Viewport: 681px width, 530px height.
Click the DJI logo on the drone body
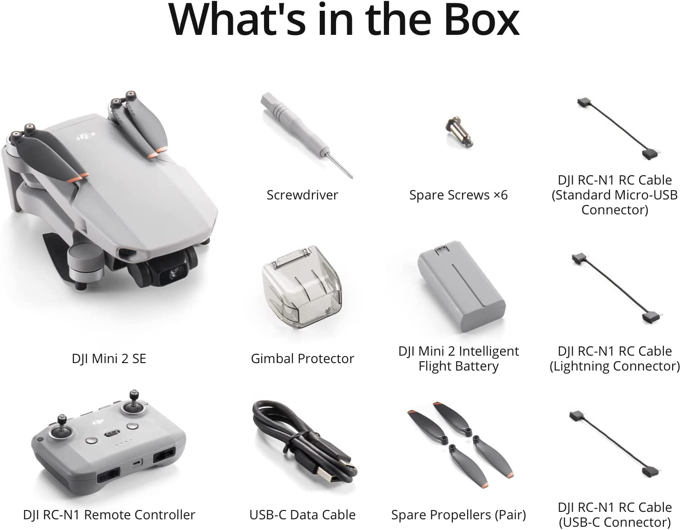coord(86,136)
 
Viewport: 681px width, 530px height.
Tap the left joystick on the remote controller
coord(62,428)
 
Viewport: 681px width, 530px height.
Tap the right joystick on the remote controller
coord(133,404)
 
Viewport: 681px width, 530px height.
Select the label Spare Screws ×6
coord(458,195)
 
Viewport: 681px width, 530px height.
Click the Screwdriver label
coord(302,195)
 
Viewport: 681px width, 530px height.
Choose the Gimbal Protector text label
coord(302,358)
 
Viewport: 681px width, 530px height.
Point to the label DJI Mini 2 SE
coord(109,358)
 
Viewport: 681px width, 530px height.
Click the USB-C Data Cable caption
coord(302,515)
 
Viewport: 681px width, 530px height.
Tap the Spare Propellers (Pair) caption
coord(458,515)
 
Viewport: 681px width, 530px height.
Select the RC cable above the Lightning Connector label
coord(617,288)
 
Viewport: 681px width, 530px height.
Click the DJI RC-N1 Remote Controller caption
coord(109,515)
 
